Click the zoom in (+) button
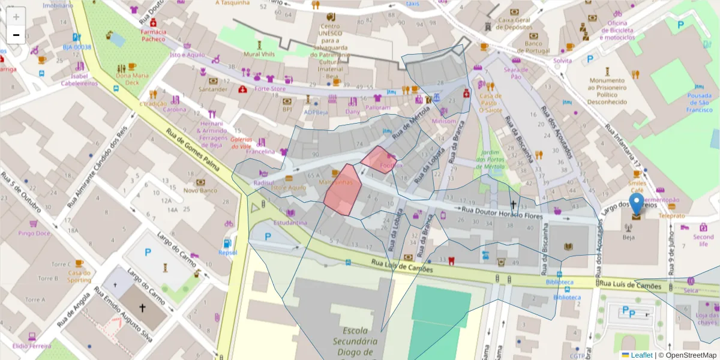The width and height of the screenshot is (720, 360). (16, 17)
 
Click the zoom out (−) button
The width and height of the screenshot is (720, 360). (16, 35)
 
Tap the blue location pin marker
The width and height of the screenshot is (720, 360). (636, 206)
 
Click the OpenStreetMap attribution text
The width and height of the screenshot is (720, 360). (688, 355)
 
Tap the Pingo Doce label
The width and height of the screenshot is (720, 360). (34, 233)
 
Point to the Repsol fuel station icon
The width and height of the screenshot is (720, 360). (227, 244)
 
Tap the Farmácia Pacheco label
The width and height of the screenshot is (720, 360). (153, 35)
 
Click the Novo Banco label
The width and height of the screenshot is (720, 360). (200, 190)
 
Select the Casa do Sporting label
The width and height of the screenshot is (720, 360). (79, 277)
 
